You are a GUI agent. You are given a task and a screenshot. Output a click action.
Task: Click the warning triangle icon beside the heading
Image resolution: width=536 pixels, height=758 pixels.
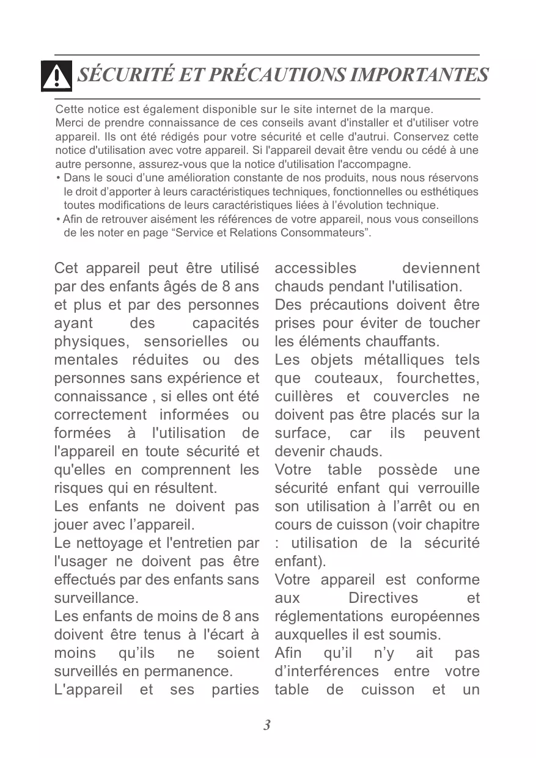[56, 76]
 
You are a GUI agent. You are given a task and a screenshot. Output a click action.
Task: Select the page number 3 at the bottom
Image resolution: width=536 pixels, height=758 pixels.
[267, 726]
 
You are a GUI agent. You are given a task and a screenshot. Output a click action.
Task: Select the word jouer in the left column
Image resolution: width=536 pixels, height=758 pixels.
[71, 525]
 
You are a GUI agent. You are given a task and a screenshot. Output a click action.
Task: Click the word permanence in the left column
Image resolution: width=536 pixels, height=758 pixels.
[188, 671]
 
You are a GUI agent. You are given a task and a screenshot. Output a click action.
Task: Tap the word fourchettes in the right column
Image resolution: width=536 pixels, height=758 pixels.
[438, 378]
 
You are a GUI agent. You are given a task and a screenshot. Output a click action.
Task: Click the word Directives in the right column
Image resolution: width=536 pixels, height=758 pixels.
[383, 598]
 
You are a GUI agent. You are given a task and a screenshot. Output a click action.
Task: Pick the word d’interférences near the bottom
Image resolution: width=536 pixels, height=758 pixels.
[326, 671]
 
